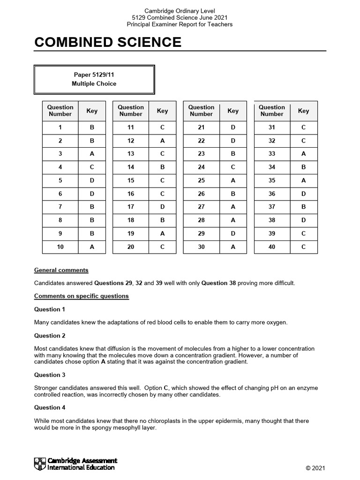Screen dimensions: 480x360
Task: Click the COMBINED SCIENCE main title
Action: click(x=108, y=42)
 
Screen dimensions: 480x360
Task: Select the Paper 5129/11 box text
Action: click(x=94, y=75)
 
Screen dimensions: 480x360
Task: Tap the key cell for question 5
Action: click(x=92, y=180)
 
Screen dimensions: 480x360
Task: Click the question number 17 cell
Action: click(x=131, y=207)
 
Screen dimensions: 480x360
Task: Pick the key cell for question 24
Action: click(x=233, y=167)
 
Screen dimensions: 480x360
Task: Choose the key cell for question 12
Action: click(x=162, y=141)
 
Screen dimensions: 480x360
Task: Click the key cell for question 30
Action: click(x=233, y=247)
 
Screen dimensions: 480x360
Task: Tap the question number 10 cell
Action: click(x=60, y=247)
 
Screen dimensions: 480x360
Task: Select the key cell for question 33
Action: click(x=303, y=154)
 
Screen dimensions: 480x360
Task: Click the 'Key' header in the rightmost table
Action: click(x=303, y=111)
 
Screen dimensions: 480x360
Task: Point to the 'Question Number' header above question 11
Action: click(x=131, y=111)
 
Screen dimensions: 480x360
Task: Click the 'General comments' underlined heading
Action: click(x=61, y=270)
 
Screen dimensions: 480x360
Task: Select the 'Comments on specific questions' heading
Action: click(x=82, y=296)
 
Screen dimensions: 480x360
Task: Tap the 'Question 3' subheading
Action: click(x=50, y=375)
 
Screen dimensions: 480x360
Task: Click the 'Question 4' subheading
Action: click(x=50, y=407)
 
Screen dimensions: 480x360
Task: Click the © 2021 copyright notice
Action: click(x=315, y=468)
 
